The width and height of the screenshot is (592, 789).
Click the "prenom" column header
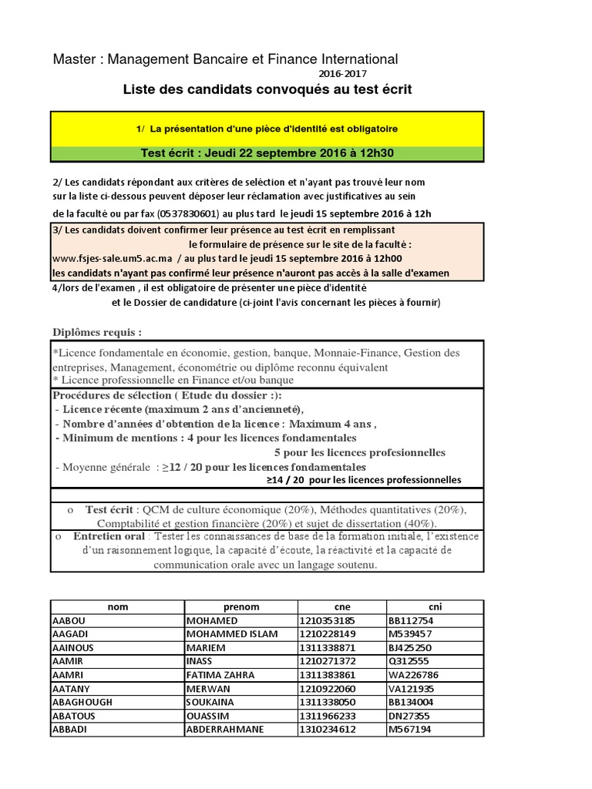coord(240,606)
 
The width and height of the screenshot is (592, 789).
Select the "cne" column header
coord(341,606)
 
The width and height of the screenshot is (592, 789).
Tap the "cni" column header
coord(435,606)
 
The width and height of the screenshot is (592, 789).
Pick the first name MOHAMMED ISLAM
coord(230,634)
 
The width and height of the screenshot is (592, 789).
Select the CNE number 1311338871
coord(328,648)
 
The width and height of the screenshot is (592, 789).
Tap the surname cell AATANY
coord(71,688)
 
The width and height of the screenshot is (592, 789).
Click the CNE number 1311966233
coord(328,716)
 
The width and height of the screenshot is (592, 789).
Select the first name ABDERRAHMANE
coord(225,729)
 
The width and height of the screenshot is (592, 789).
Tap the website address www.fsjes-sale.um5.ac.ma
coord(112,259)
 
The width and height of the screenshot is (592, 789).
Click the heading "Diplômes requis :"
coord(97,332)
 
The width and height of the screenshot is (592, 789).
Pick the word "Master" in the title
coord(72,59)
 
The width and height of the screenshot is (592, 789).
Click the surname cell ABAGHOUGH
coord(82,702)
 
